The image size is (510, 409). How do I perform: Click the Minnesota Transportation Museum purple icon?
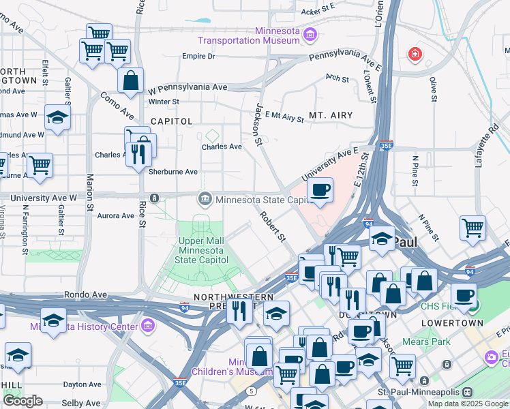tap(310, 34)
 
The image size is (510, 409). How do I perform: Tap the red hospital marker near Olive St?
tap(414, 54)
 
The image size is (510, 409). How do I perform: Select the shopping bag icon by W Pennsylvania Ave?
tap(130, 80)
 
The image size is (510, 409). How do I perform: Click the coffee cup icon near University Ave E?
tap(320, 190)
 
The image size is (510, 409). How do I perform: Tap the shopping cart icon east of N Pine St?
tap(472, 228)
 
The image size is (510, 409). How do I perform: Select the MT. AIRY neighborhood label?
tap(331, 115)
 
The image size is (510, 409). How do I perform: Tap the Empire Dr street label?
tap(198, 57)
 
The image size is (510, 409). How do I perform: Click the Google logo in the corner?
tap(22, 401)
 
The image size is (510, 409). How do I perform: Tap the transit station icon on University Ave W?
tap(155, 198)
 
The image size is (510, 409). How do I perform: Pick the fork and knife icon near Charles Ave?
tap(140, 153)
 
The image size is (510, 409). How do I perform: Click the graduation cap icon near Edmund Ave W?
tap(57, 118)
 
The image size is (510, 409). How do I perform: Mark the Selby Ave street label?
tap(81, 403)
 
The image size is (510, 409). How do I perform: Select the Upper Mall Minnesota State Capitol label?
tap(200, 250)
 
